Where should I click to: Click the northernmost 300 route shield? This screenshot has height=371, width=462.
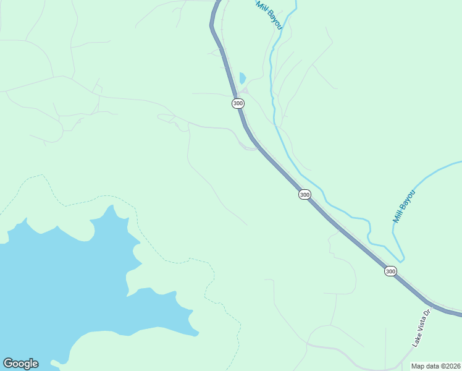pyautogui.click(x=238, y=103)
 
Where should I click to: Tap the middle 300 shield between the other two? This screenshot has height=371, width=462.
pyautogui.click(x=304, y=195)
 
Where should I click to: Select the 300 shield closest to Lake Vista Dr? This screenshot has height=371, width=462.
pyautogui.click(x=390, y=271)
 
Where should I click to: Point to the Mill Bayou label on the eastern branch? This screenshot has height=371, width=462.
pyautogui.click(x=405, y=207)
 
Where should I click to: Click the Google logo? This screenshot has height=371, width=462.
pyautogui.click(x=20, y=364)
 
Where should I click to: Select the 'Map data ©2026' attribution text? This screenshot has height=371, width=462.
pyautogui.click(x=436, y=366)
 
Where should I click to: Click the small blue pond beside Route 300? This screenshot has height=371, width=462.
pyautogui.click(x=242, y=79)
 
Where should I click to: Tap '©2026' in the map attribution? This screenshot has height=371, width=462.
pyautogui.click(x=450, y=366)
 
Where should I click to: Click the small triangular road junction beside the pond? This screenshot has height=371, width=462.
pyautogui.click(x=245, y=91)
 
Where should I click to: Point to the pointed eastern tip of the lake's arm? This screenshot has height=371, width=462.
pyautogui.click(x=198, y=335)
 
